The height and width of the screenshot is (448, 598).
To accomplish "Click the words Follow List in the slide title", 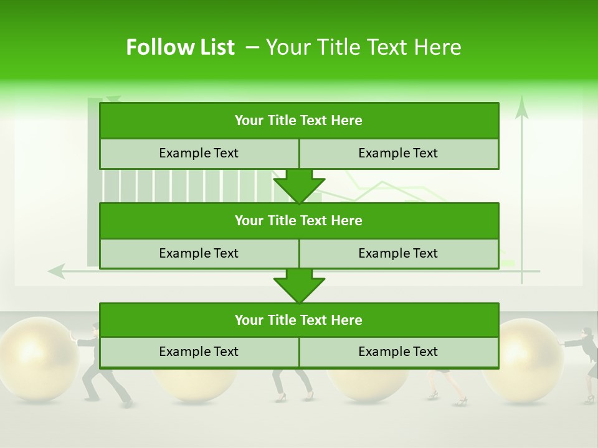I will pyautogui.click(x=180, y=47).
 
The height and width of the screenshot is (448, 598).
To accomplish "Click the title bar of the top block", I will pyautogui.click(x=299, y=121).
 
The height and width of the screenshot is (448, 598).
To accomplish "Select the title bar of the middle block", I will pyautogui.click(x=299, y=220).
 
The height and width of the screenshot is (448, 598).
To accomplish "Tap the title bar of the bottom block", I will pyautogui.click(x=299, y=320).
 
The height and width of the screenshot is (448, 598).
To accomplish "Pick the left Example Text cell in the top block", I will pyautogui.click(x=199, y=153).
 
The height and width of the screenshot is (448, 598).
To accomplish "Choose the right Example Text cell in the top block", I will pyautogui.click(x=399, y=153).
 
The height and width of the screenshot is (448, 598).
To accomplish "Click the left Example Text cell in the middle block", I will pyautogui.click(x=199, y=253).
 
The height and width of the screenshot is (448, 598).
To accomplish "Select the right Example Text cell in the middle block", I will pyautogui.click(x=399, y=253).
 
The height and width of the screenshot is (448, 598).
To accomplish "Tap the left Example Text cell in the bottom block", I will pyautogui.click(x=199, y=352).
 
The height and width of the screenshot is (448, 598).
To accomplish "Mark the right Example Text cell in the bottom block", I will pyautogui.click(x=399, y=352).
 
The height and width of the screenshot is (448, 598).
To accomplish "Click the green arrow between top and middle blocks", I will pyautogui.click(x=299, y=186).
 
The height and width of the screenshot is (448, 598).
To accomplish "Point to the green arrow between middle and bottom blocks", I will pyautogui.click(x=299, y=286).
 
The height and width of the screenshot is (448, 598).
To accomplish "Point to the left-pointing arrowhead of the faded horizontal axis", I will pyautogui.click(x=56, y=271).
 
